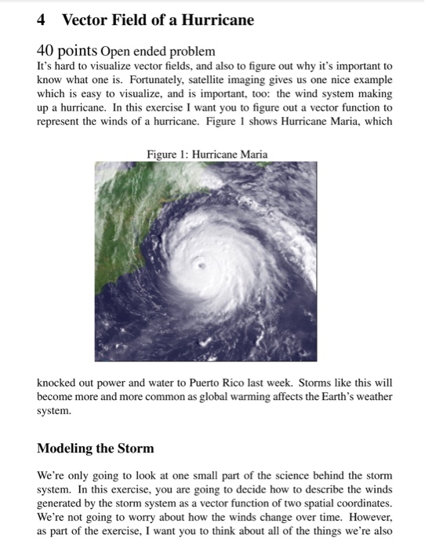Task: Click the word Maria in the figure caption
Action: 253,155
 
